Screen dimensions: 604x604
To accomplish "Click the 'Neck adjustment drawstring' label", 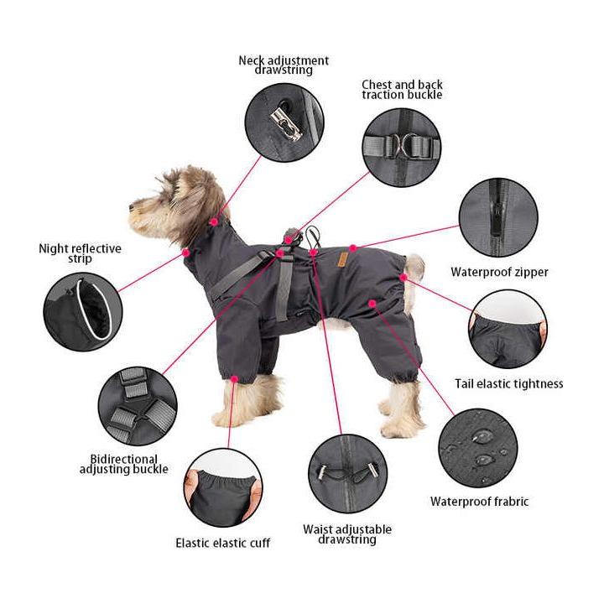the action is tap(284, 65).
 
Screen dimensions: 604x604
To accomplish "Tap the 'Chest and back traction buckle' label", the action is tap(402, 90).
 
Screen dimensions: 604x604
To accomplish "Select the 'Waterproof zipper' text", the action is tap(499, 272).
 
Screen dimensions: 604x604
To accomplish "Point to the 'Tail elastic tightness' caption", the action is tap(508, 383).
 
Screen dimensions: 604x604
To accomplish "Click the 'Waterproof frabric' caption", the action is tap(479, 501).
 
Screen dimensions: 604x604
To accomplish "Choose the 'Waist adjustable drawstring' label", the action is tap(347, 534).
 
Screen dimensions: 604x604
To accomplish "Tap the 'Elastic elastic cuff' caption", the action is tap(222, 543).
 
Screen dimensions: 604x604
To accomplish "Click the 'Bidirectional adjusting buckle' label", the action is tap(123, 464).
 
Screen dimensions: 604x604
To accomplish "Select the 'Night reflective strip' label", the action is tap(80, 253).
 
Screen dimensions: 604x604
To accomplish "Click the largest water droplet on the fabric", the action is tap(482, 437).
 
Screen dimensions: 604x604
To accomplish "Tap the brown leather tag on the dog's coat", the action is tap(341, 260).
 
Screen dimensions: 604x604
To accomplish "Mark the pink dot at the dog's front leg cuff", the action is tap(234, 379).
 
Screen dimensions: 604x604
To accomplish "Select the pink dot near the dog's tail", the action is tap(403, 278).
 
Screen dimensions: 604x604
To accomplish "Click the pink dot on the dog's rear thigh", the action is tap(372, 304).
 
